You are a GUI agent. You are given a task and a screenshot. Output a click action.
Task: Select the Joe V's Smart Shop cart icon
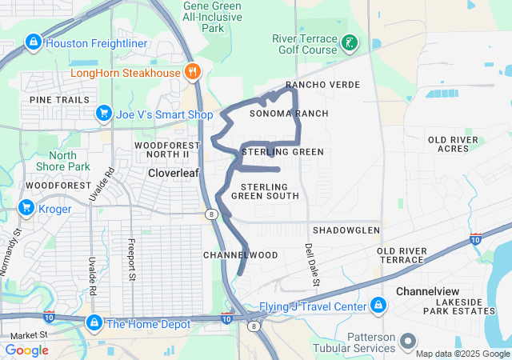point(103,114)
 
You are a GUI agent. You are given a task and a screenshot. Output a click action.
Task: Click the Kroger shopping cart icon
point(26,209)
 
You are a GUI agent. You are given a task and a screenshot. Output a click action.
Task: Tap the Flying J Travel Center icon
point(378,305)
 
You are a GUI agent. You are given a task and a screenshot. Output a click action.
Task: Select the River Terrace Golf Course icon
point(350,42)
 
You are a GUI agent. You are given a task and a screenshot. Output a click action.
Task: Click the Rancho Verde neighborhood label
point(322,85)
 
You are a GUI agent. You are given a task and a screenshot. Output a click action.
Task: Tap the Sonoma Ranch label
point(289,114)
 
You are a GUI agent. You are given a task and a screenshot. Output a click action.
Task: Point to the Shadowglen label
point(346,230)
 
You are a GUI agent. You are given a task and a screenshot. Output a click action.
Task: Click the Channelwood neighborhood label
point(240,255)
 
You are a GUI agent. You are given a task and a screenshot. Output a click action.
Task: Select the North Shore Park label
point(58,161)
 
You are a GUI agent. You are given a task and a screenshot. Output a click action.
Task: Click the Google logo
point(26,350)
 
